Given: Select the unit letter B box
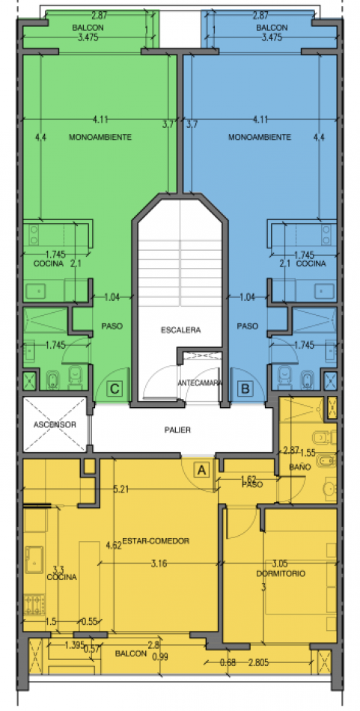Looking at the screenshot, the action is (x=245, y=388).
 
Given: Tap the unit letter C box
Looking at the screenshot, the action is (x=115, y=388).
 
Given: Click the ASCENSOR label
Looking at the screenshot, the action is (x=55, y=425).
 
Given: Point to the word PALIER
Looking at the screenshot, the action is (x=177, y=430).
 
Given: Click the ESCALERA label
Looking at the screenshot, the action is (x=180, y=330).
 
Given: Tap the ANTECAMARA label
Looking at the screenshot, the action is (x=200, y=382).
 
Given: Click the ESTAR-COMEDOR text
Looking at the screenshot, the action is (x=156, y=541).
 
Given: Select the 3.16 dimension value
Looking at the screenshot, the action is (x=159, y=564).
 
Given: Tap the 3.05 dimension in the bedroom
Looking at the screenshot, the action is (x=280, y=564).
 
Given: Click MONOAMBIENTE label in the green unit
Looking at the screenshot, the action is (x=100, y=137).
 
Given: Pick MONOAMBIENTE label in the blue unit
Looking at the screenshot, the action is (x=260, y=137).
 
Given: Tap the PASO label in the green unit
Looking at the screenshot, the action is (x=112, y=326).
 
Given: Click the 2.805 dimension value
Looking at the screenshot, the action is (x=258, y=663).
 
